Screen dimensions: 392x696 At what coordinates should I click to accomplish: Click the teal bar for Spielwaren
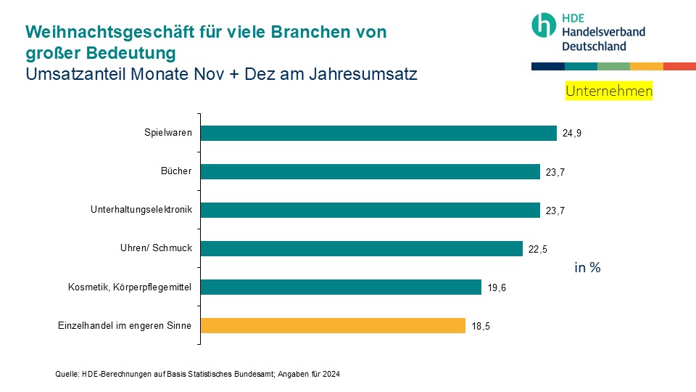tap(378, 133)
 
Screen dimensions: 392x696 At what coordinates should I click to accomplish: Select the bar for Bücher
tap(370, 171)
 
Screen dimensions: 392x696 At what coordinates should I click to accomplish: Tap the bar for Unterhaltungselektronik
tap(370, 210)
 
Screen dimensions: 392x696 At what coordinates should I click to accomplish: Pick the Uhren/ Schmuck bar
tap(361, 248)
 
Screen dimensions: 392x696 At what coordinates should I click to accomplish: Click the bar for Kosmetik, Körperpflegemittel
tap(341, 287)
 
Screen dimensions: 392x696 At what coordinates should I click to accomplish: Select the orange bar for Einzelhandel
tap(333, 325)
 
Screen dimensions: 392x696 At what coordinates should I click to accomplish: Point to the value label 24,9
tap(572, 134)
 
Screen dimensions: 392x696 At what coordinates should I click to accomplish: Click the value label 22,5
tap(538, 249)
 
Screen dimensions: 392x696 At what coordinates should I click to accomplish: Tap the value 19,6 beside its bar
tap(497, 287)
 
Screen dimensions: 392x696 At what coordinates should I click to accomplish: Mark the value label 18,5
tap(481, 326)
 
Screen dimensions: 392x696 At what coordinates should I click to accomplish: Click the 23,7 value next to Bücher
tap(555, 172)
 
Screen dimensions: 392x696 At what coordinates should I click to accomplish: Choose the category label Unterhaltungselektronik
tap(141, 210)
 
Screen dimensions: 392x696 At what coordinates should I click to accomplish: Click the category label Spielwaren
tap(167, 133)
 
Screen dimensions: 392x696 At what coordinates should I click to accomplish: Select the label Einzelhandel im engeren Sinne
tap(124, 325)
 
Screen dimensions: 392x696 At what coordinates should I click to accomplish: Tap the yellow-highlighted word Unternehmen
tap(609, 91)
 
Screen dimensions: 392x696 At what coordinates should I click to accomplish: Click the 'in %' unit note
tap(587, 267)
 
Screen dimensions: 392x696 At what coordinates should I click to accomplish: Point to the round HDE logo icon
tap(544, 25)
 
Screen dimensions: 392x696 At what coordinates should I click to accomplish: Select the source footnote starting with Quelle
tap(197, 374)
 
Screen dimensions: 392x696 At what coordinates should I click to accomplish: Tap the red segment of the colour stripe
tap(679, 66)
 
